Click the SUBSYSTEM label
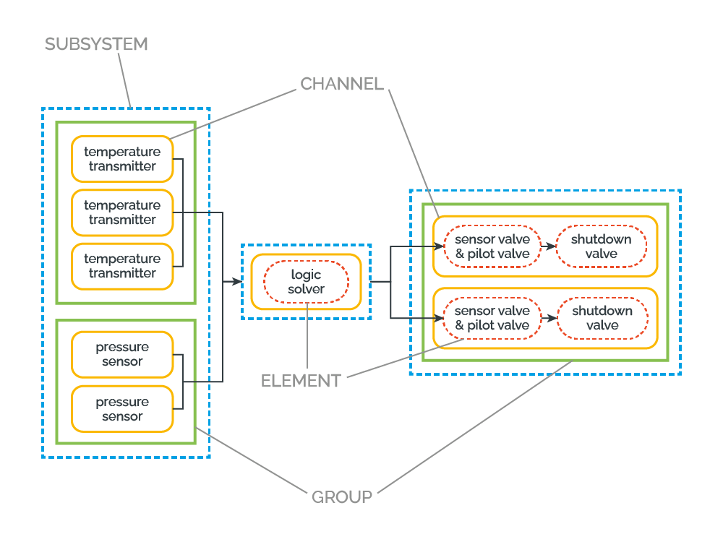click(x=96, y=44)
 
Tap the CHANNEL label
click(x=342, y=84)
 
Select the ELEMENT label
click(x=301, y=381)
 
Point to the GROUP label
click(x=342, y=497)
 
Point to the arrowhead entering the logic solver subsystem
click(x=237, y=281)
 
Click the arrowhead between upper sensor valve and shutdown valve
click(x=551, y=246)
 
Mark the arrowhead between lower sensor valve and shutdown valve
click(x=552, y=318)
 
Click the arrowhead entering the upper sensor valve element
click(x=439, y=246)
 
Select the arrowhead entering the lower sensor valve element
click(x=438, y=318)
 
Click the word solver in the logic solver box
click(x=306, y=289)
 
